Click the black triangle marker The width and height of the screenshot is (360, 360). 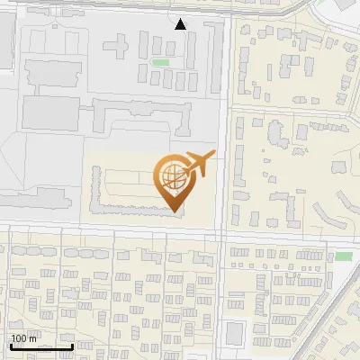tap(180, 24)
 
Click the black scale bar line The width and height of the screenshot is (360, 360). tap(41, 346)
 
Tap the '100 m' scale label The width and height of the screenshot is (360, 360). tap(24, 338)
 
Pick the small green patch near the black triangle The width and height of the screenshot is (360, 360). tap(161, 62)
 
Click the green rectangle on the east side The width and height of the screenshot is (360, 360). tap(343, 256)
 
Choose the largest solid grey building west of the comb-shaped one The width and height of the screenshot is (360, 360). tap(45, 112)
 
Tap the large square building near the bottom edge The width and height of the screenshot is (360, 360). tap(235, 333)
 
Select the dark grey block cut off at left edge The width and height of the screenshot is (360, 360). tap(5, 45)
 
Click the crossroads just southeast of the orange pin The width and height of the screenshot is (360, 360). tap(222, 235)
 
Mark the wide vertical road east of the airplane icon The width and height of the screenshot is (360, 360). tap(224, 135)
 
